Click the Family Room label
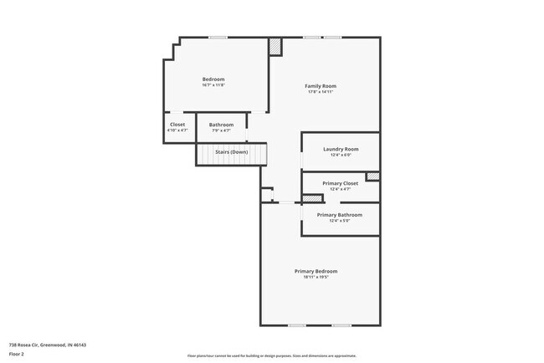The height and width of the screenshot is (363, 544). (x=321, y=86)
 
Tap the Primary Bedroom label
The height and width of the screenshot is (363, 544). (x=316, y=270)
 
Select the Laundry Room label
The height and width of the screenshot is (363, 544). (x=340, y=149)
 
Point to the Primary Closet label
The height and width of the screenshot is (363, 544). (x=340, y=183)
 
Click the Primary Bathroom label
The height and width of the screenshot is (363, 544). (x=339, y=215)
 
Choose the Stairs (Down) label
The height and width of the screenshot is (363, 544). (x=231, y=152)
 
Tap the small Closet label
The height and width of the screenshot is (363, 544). (x=177, y=125)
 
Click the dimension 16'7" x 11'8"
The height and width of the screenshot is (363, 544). (x=213, y=85)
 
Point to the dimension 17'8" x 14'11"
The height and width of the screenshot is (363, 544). (x=321, y=92)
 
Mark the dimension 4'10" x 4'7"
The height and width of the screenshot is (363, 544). (x=177, y=130)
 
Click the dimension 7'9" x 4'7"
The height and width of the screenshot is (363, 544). (x=221, y=130)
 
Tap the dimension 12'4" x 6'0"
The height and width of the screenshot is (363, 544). (x=340, y=155)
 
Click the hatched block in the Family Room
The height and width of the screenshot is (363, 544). (x=275, y=48)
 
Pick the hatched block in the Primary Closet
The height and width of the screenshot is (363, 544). (x=373, y=176)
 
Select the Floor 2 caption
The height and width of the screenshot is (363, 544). (x=18, y=355)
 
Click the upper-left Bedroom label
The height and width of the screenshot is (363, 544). (x=213, y=79)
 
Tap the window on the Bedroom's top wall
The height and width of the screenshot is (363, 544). (x=218, y=37)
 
